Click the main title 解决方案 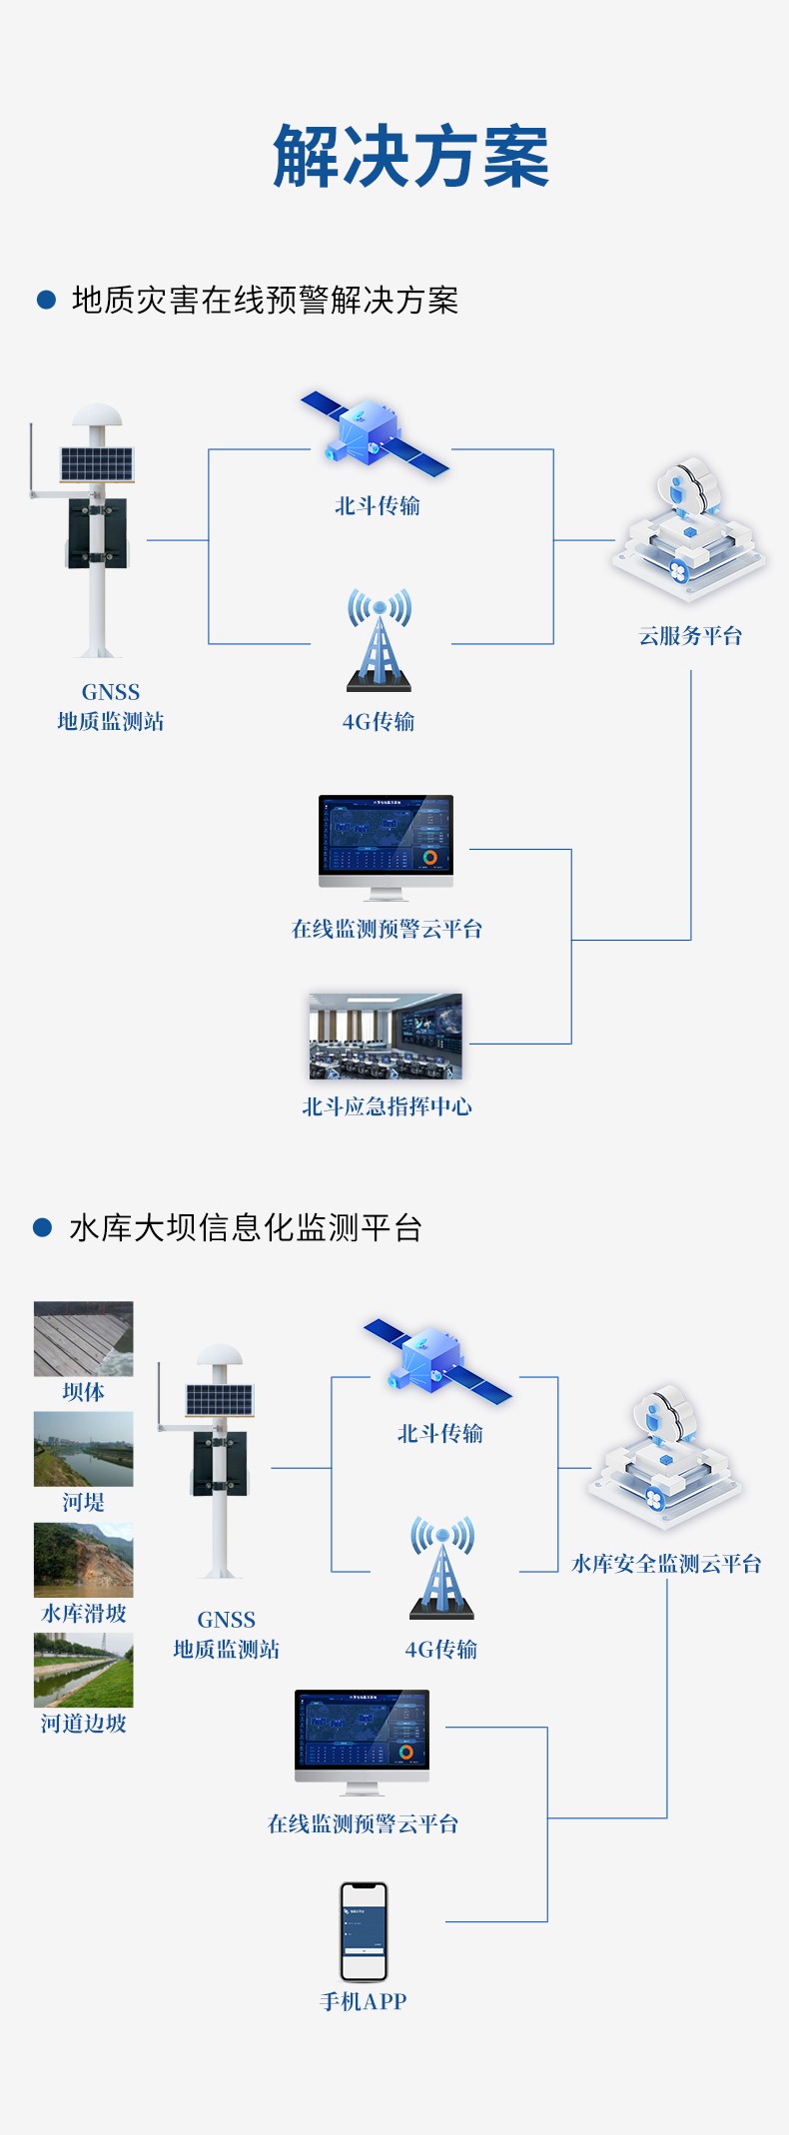coord(410,157)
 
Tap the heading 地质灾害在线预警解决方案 coord(265,300)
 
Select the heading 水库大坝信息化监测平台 coord(246,1227)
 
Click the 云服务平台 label coord(690,636)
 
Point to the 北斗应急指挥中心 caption coord(387,1106)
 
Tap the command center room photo coord(386,1037)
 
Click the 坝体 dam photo coord(83,1338)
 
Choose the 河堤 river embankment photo coord(83,1448)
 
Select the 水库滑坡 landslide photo coord(83,1559)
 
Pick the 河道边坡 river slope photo coord(83,1670)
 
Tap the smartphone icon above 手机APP coord(364,1931)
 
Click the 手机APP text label coord(363,2001)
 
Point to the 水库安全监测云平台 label coord(666,1564)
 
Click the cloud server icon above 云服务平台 coord(689,529)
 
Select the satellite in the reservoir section coord(436,1361)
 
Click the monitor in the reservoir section coord(362,1739)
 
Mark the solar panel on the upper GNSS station coord(96,463)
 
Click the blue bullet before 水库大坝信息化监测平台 coord(42,1227)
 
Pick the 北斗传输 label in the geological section coord(378,506)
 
